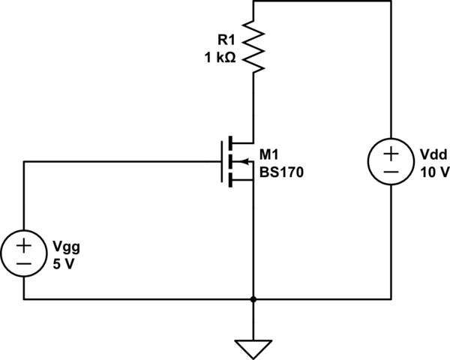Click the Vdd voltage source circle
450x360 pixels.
click(391, 162)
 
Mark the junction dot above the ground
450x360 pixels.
click(255, 299)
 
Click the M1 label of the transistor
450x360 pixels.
click(268, 155)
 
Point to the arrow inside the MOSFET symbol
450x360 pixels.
click(242, 160)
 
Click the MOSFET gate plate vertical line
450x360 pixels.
click(223, 160)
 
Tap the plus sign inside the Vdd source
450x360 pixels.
click(391, 153)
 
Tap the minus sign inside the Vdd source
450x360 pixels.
click(391, 172)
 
